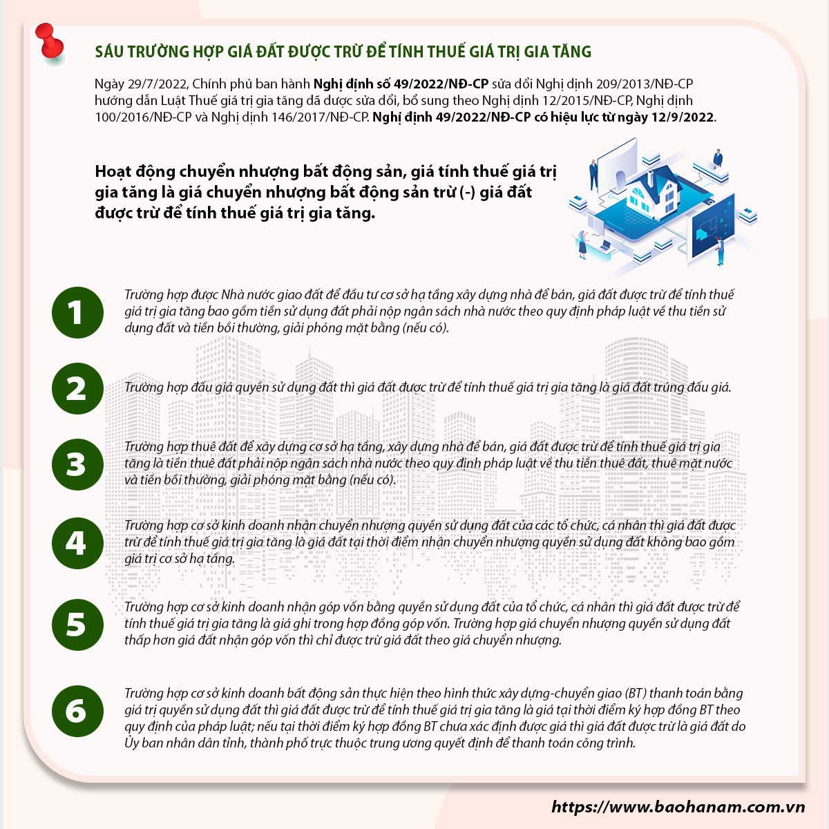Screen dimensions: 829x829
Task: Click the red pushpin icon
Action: pyautogui.click(x=50, y=41)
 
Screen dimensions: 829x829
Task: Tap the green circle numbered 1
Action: pyautogui.click(x=77, y=312)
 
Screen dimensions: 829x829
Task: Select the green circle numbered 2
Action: pyautogui.click(x=77, y=388)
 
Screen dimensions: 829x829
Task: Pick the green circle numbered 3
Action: pyautogui.click(x=77, y=465)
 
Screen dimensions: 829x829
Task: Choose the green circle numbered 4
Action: pyautogui.click(x=77, y=544)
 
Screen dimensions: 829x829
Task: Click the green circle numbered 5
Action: pyautogui.click(x=77, y=625)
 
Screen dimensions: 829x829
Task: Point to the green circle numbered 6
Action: pyautogui.click(x=77, y=711)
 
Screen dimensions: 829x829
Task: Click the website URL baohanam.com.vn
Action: pyautogui.click(x=678, y=807)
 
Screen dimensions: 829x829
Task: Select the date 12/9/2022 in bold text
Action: pyautogui.click(x=683, y=117)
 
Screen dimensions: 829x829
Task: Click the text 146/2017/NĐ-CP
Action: pyautogui.click(x=320, y=117)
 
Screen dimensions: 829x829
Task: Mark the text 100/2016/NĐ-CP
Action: pyautogui.click(x=143, y=117)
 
